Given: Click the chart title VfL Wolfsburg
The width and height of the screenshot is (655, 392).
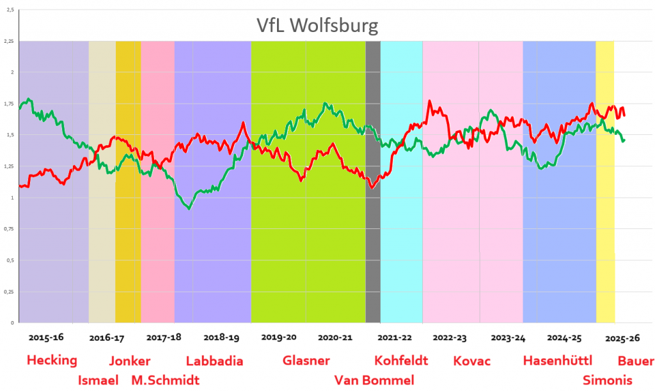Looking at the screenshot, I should [317, 26].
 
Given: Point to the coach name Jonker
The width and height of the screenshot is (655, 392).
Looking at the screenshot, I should [130, 360].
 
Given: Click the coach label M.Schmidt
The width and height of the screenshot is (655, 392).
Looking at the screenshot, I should [165, 380].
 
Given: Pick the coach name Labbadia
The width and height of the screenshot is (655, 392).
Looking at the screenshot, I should [214, 360].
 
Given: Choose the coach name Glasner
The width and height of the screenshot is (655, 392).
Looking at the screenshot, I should [306, 360].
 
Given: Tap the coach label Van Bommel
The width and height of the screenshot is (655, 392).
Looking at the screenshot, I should [374, 380].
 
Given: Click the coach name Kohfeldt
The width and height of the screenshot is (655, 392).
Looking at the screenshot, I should [401, 360].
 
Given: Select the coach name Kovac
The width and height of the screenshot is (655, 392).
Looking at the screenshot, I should [472, 360].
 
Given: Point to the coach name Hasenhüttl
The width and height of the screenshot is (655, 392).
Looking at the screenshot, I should [558, 360].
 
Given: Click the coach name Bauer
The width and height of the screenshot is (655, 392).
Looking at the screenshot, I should [636, 360].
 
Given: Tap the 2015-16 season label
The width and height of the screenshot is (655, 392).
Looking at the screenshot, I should [46, 336].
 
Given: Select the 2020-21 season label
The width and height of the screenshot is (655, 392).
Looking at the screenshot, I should [335, 336].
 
